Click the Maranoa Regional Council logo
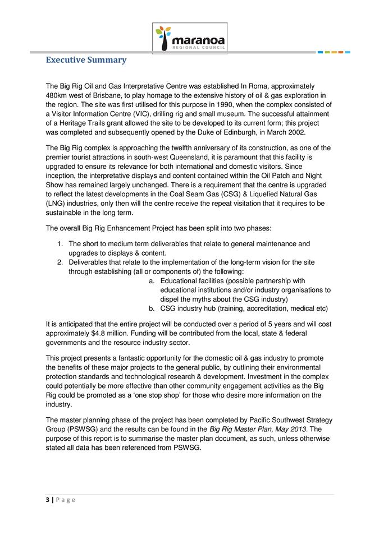191,38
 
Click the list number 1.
60,244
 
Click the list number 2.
60,262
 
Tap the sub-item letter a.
151,281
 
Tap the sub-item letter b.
151,308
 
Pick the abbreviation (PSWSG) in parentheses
63,429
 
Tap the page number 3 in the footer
47,500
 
